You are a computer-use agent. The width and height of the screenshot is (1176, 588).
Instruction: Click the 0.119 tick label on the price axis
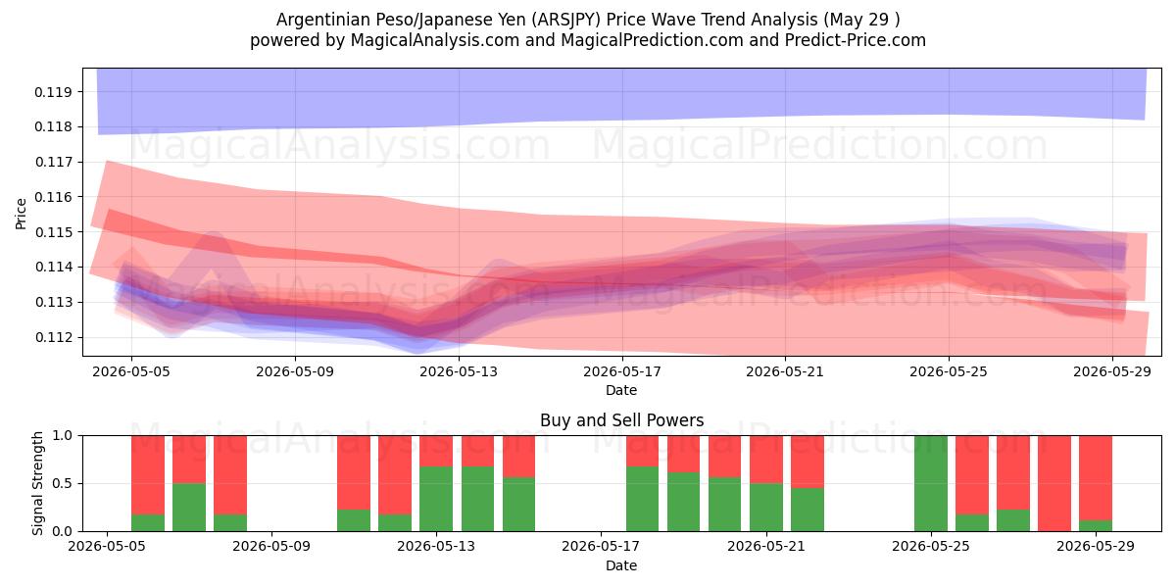(53, 92)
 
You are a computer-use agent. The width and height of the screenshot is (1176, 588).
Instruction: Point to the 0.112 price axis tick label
(53, 337)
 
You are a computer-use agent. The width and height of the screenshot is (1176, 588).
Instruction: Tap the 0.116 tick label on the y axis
(53, 197)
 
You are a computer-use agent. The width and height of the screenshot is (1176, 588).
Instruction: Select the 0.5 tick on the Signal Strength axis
(63, 483)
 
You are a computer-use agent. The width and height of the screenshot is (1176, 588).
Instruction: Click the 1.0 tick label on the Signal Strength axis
(63, 436)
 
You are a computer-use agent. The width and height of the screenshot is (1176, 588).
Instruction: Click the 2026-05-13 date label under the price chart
(459, 371)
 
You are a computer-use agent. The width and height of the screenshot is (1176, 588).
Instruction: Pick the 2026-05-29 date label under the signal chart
(1096, 547)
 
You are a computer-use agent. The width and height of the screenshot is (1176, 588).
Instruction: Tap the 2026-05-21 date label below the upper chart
(785, 371)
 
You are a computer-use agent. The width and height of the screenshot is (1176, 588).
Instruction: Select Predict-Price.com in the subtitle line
(856, 40)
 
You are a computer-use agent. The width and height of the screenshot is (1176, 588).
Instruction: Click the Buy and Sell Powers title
(621, 420)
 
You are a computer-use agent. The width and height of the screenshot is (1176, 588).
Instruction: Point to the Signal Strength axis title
(37, 483)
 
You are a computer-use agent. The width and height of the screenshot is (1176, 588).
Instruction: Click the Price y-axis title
(21, 214)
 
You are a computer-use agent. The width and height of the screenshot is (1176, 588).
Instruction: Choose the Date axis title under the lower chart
(621, 566)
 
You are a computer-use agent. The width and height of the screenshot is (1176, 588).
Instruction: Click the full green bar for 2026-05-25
(931, 483)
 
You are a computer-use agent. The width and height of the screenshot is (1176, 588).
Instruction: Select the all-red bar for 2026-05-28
(1054, 483)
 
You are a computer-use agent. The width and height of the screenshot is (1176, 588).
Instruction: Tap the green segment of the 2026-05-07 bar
(189, 508)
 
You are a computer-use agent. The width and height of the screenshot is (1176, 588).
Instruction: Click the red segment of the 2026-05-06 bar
(148, 475)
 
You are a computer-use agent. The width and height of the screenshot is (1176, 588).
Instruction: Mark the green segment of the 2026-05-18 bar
(642, 499)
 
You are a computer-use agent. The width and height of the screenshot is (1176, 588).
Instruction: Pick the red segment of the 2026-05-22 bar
(808, 462)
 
